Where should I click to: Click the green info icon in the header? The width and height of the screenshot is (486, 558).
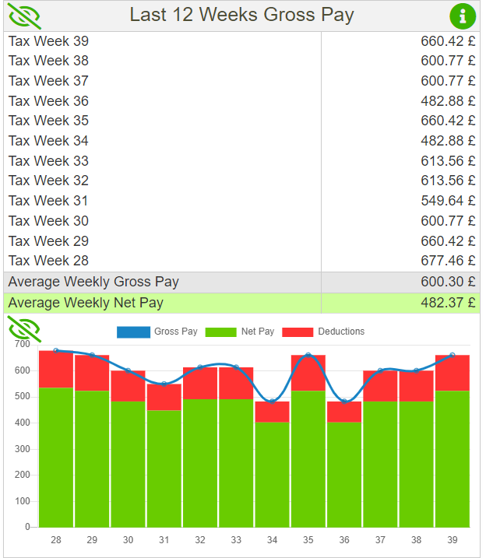(x=463, y=16)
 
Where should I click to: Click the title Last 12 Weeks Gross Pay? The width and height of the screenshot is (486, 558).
(x=241, y=15)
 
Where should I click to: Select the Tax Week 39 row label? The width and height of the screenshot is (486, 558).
(x=48, y=40)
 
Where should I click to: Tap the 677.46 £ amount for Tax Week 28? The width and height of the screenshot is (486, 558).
(x=448, y=261)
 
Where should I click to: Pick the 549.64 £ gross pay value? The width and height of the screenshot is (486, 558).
(x=448, y=201)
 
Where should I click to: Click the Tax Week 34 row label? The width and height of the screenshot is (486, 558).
(x=48, y=141)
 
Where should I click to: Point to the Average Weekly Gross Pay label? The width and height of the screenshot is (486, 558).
(x=93, y=282)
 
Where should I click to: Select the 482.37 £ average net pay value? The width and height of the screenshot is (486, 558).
(x=448, y=303)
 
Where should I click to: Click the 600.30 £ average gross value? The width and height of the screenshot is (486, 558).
(x=448, y=282)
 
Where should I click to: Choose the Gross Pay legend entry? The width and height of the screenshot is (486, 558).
(x=157, y=332)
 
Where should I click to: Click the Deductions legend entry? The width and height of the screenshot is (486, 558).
(x=323, y=332)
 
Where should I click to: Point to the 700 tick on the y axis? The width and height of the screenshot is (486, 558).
(x=22, y=344)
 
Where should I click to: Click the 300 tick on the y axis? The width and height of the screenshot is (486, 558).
(x=22, y=449)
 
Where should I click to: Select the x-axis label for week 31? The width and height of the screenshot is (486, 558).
(x=164, y=540)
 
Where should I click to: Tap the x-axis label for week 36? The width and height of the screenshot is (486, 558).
(x=344, y=540)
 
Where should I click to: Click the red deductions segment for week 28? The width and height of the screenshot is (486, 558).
(x=56, y=369)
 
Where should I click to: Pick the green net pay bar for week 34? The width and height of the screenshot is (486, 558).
(x=272, y=475)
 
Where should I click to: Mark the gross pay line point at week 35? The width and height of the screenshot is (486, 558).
(x=308, y=356)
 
